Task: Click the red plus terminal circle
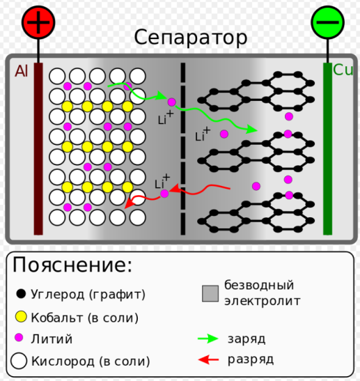pyautogui.click(x=38, y=22)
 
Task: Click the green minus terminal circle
pyautogui.click(x=328, y=22)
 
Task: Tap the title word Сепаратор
pyautogui.click(x=191, y=38)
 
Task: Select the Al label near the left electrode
pyautogui.click(x=22, y=71)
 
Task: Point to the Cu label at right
pyautogui.click(x=343, y=70)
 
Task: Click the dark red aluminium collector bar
pyautogui.click(x=38, y=148)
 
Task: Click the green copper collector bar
pyautogui.click(x=328, y=148)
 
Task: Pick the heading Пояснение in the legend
pyautogui.click(x=72, y=265)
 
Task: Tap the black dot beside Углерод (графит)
pyautogui.click(x=21, y=294)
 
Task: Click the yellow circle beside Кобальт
pyautogui.click(x=21, y=317)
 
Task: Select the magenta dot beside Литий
pyautogui.click(x=19, y=338)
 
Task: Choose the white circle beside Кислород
pyautogui.click(x=19, y=361)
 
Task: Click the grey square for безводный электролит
pyautogui.click(x=210, y=293)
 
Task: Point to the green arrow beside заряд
pyautogui.click(x=208, y=339)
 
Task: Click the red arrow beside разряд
pyautogui.click(x=208, y=359)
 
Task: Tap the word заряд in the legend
pyautogui.click(x=246, y=339)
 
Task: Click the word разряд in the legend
pyautogui.click(x=251, y=360)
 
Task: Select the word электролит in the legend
pyautogui.click(x=263, y=301)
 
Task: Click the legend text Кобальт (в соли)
pyautogui.click(x=85, y=318)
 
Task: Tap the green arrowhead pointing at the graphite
pyautogui.click(x=251, y=130)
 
